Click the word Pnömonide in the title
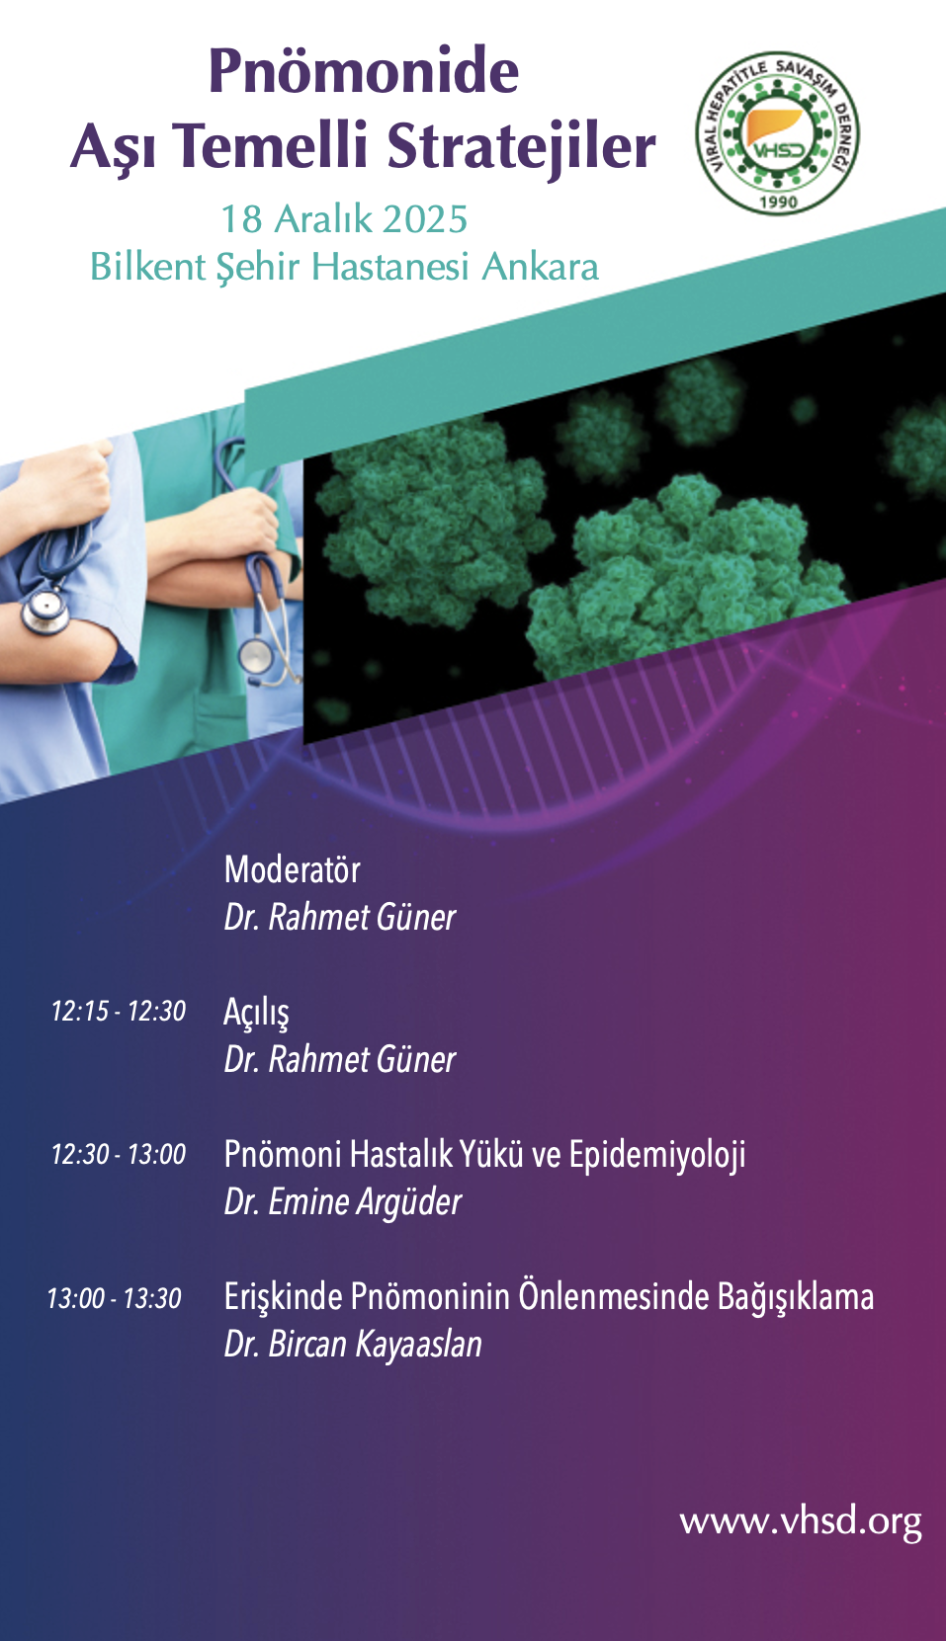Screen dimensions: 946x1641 tap(364, 71)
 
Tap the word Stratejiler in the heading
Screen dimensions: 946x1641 tap(521, 146)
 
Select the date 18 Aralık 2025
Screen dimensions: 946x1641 tap(344, 219)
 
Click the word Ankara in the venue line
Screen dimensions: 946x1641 tap(540, 266)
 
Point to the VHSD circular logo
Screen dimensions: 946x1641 tap(778, 134)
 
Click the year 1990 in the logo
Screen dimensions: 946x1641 tap(778, 201)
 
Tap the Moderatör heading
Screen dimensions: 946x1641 tap(293, 869)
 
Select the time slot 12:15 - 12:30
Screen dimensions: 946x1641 tap(118, 1011)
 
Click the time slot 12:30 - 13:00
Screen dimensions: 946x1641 tap(118, 1154)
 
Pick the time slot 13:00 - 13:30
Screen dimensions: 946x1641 tap(115, 1298)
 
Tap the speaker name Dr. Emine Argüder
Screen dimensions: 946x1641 tap(343, 1202)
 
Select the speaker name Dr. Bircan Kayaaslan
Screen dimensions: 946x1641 tap(353, 1345)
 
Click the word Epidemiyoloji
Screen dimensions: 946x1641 tap(657, 1156)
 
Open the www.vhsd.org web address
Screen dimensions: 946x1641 tap(801, 1522)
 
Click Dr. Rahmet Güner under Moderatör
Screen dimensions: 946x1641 tap(340, 917)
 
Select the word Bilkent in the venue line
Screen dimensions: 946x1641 tap(147, 266)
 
